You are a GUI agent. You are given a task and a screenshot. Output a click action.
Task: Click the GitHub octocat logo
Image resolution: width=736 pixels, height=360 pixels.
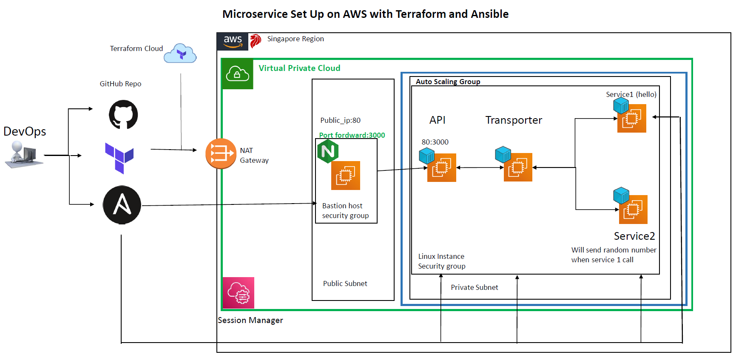click(123, 114)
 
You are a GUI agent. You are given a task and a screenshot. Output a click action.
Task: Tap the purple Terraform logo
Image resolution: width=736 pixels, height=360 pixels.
click(119, 158)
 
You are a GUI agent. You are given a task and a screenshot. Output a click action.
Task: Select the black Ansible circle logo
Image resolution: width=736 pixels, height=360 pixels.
click(122, 204)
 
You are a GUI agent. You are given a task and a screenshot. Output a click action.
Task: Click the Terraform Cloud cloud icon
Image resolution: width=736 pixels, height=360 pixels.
click(181, 54)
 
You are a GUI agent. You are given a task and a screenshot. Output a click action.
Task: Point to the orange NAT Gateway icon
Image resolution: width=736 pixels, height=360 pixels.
click(221, 153)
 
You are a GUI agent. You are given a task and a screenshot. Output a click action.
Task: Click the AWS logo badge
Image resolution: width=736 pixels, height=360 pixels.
click(233, 41)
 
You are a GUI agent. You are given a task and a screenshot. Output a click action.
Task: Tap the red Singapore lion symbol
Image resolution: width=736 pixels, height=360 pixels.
click(255, 41)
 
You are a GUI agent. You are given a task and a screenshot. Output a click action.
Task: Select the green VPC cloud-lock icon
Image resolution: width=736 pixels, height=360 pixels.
click(237, 74)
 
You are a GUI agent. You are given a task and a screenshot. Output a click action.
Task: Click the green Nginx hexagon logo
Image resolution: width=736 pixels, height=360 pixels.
click(328, 151)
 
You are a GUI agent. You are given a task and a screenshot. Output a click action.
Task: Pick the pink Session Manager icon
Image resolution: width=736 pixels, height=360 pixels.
click(239, 293)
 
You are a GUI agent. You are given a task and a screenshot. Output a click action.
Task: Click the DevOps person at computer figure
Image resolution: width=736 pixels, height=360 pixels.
click(23, 154)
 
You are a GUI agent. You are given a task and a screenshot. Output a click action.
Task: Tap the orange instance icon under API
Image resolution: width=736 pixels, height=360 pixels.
click(441, 167)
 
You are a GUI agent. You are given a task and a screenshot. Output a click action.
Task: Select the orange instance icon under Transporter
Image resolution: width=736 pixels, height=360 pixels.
click(517, 167)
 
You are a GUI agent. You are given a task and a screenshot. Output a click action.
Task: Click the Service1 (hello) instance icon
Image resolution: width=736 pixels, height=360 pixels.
click(631, 118)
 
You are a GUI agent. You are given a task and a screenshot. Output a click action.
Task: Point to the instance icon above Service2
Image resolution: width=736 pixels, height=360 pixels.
click(633, 209)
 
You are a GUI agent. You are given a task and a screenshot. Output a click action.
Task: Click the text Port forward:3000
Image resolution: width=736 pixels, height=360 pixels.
click(352, 135)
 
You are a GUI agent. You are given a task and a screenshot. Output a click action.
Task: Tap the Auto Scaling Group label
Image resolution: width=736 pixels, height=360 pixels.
click(448, 82)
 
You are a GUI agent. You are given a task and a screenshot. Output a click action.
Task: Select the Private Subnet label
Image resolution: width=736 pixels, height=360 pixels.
click(474, 287)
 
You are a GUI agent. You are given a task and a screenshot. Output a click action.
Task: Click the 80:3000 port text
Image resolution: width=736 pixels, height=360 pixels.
click(435, 142)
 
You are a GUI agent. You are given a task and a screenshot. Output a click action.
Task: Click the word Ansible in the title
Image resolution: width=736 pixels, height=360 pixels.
click(489, 14)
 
